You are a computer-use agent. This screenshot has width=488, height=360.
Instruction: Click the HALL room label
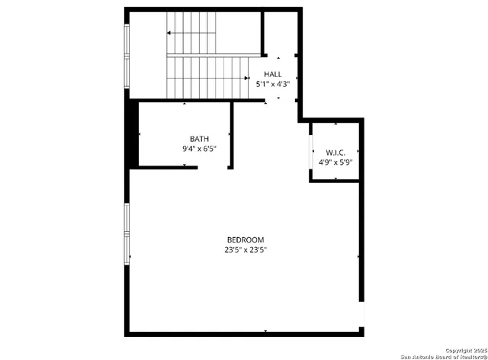[x=272, y=74]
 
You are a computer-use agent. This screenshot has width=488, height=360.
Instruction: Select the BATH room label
[x=199, y=139]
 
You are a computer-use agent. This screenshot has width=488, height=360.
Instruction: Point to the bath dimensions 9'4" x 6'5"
[x=199, y=149]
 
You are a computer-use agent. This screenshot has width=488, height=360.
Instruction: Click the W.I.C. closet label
[x=335, y=153]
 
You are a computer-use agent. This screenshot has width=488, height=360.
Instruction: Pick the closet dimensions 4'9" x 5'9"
[x=335, y=162]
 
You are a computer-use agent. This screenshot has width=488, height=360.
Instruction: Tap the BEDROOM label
[x=245, y=239]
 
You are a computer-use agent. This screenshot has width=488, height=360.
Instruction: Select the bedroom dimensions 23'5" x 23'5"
[x=245, y=249]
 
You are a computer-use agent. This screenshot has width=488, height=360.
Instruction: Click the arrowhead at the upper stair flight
[x=169, y=34]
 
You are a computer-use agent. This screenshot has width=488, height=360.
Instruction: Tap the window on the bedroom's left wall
[x=127, y=233]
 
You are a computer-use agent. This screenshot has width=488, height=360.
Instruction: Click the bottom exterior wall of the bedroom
[x=244, y=332]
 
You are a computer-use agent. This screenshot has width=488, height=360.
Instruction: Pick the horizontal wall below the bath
[x=168, y=167]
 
